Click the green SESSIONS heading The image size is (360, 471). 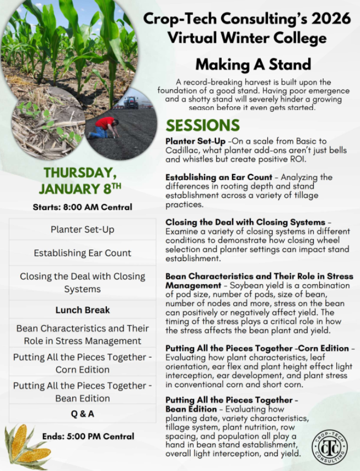coord(203,125)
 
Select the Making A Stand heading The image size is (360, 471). coord(253,64)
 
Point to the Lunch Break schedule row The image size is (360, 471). coord(82,310)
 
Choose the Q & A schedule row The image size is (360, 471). coord(82,413)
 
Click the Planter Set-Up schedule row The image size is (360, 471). coord(82,229)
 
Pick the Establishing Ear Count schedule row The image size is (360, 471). coord(82,253)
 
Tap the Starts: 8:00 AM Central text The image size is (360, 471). coord(82,207)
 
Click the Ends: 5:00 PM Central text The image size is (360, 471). coord(88,436)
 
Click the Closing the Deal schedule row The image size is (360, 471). coord(82,283)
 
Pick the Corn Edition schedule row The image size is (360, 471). coord(82,363)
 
